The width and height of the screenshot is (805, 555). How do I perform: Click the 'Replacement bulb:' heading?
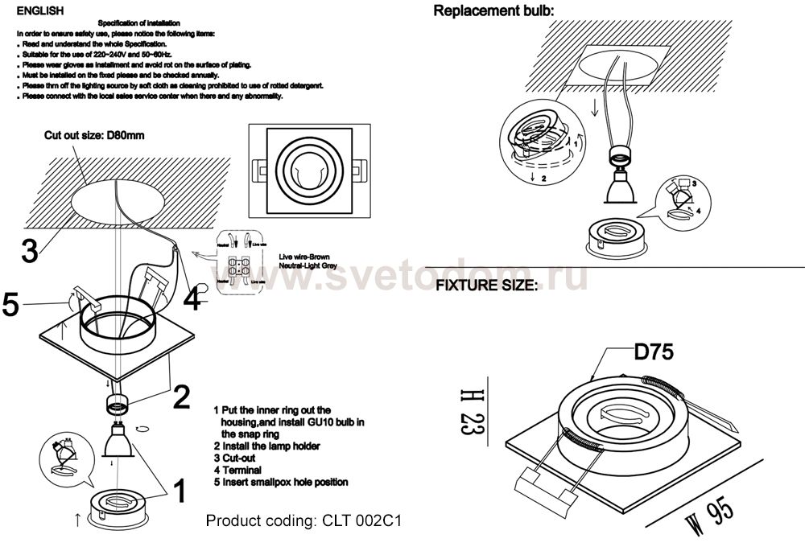[494, 11]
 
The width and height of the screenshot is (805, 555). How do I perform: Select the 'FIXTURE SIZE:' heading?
[486, 286]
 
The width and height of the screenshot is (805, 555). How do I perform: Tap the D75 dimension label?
[653, 351]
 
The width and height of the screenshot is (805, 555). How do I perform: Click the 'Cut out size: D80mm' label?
[94, 136]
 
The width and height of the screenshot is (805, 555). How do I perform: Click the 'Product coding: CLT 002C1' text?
[303, 520]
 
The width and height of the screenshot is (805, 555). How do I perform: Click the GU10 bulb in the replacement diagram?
[621, 190]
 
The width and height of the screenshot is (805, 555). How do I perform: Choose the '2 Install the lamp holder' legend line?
[266, 446]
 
